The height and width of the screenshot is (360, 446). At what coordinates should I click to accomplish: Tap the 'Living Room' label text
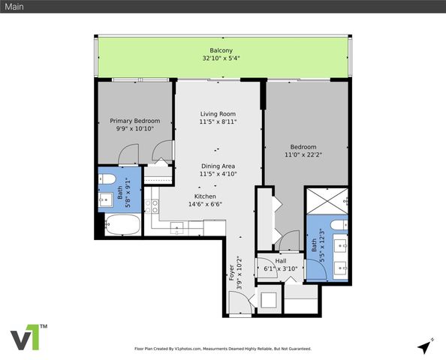coord(218,114)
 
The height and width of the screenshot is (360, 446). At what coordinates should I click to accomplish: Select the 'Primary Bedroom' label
coord(135,120)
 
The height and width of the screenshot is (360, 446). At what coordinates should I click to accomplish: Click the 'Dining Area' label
coord(218,166)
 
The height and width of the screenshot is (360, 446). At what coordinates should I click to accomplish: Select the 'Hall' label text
coord(280,260)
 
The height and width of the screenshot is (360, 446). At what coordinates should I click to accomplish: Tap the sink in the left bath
coord(104,200)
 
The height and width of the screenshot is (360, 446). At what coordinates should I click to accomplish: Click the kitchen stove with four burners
coord(155,203)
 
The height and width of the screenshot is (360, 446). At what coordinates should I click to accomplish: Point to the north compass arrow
coord(426,346)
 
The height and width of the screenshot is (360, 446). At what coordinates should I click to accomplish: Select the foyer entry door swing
coord(239,305)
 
